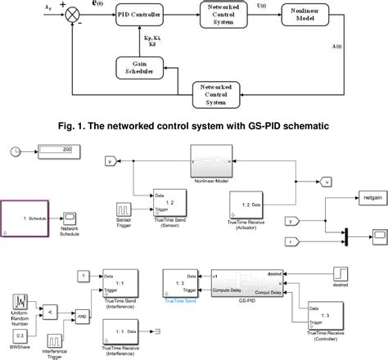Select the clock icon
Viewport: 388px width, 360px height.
click(x=20, y=151)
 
